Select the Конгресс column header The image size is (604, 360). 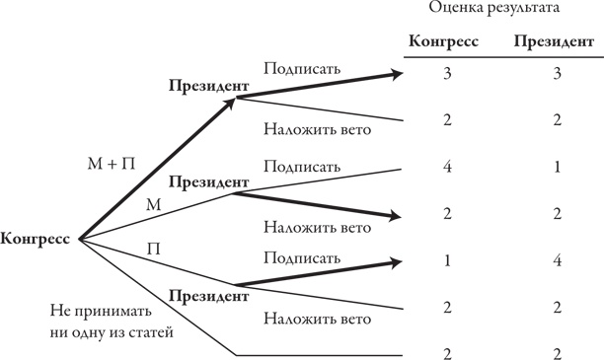pos(444,42)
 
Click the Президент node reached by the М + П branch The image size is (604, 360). pos(207,86)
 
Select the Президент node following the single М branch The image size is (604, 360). pos(207,182)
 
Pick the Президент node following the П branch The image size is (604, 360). pos(207,295)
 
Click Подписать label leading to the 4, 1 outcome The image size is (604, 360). pos(302,165)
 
